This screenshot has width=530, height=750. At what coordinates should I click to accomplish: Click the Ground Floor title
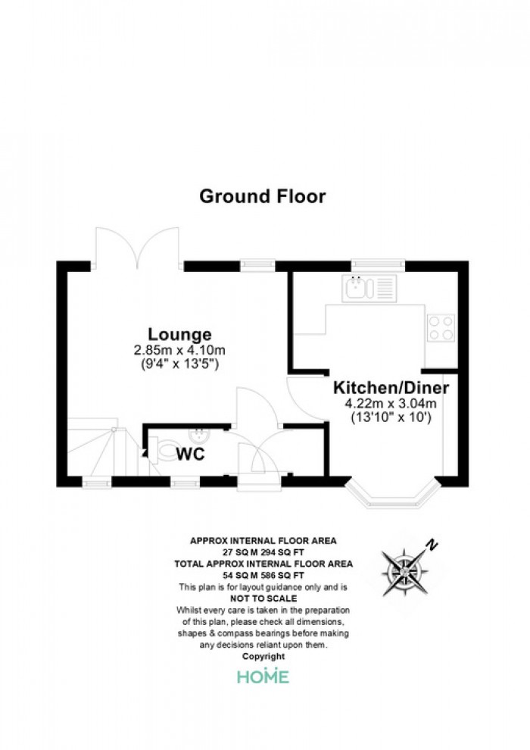(262, 196)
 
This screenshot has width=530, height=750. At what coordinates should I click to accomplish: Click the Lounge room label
(179, 333)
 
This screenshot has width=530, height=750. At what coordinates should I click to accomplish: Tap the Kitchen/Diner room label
(391, 388)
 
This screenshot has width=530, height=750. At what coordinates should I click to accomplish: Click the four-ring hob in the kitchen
(441, 327)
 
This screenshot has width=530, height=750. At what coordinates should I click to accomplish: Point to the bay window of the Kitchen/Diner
(392, 497)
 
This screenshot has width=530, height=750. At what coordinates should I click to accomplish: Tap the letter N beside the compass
(432, 543)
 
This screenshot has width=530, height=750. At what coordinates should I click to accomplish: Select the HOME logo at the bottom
(263, 677)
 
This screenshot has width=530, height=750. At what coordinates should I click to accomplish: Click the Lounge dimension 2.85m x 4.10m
(179, 350)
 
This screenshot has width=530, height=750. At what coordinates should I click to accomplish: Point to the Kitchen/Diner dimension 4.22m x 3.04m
(391, 404)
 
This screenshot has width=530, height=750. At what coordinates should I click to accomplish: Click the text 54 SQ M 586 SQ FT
(263, 576)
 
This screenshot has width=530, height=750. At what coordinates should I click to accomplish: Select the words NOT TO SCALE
(263, 598)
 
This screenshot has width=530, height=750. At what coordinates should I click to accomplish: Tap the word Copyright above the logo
(263, 656)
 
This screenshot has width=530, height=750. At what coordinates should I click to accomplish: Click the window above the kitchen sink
(369, 264)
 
